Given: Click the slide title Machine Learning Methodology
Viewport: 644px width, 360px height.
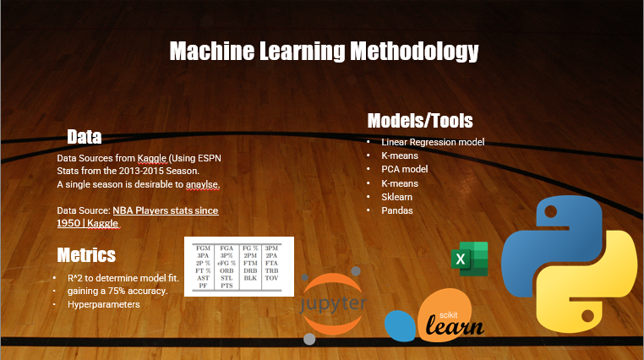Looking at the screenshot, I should tap(324, 52).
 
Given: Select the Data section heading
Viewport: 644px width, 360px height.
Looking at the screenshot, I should tap(85, 137).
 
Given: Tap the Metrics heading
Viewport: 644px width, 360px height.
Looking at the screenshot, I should tap(86, 254).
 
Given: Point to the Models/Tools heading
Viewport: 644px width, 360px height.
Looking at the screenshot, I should tap(419, 121).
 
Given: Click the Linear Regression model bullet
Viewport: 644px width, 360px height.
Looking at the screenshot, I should tap(433, 142).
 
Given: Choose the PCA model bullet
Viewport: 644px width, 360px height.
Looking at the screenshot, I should tap(405, 169).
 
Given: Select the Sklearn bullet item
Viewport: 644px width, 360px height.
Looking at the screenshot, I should tap(396, 196).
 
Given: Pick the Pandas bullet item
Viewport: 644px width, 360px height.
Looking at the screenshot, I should tap(397, 210).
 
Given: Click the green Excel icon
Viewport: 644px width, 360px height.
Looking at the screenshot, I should tap(469, 259).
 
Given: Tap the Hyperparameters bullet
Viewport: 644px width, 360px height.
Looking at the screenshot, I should tap(103, 303).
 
